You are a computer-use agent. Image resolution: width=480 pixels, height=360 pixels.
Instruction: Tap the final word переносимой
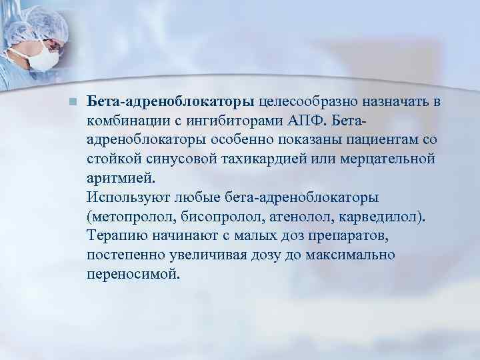coord(133,274)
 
